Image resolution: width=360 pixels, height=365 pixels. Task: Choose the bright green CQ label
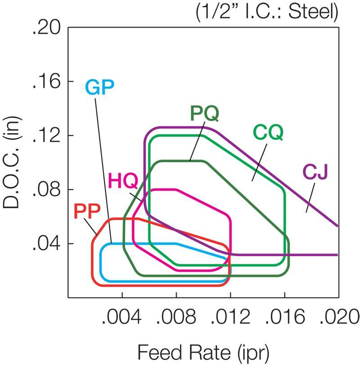click(268, 132)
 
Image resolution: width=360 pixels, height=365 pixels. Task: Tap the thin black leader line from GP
click(103, 166)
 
